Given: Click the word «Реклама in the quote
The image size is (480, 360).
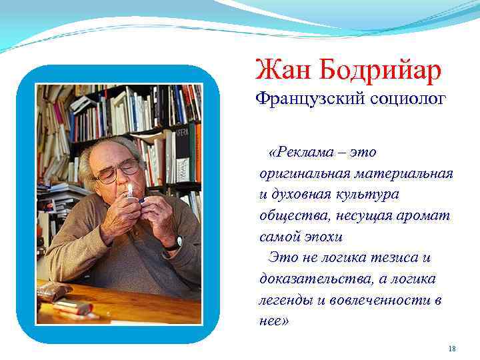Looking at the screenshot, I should click(x=300, y=153).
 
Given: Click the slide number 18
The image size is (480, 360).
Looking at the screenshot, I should click(x=452, y=348).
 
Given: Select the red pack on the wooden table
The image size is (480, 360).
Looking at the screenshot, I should click(x=73, y=307).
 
